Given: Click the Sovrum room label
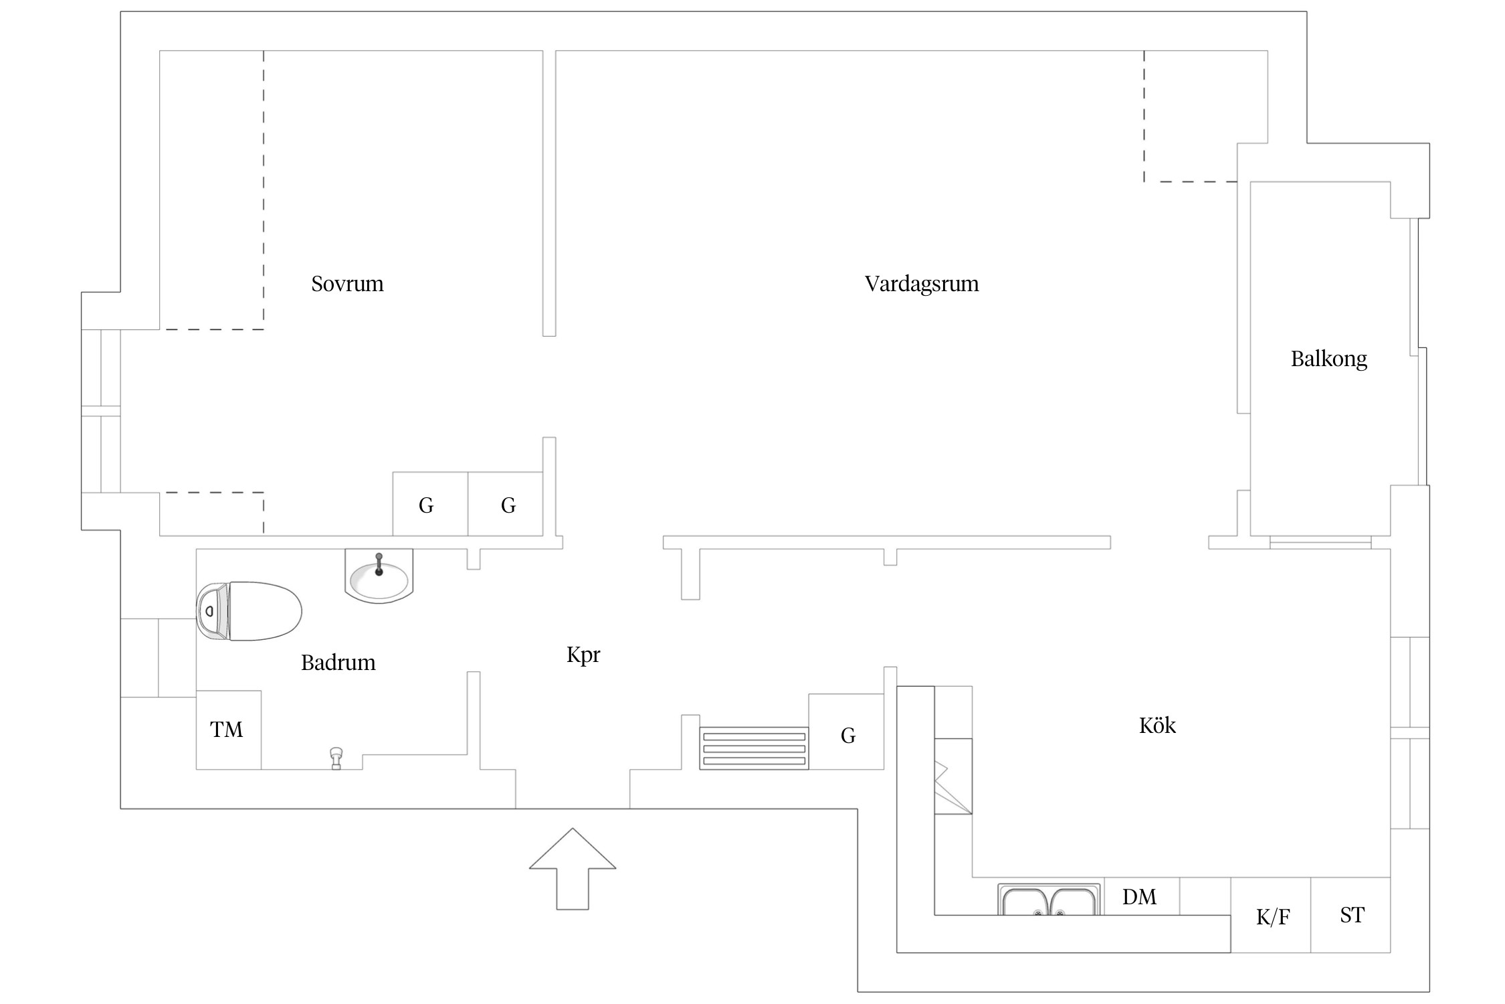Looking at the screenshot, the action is pos(347,284).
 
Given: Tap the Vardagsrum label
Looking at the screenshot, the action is pos(922,284).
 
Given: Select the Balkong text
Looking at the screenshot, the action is pos(1328,359).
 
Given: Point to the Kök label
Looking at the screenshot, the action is pos(1157,725).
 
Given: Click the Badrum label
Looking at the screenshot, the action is pos(338,663).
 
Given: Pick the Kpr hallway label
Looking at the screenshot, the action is pos(583,655).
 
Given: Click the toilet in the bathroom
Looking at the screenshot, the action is pos(249,611).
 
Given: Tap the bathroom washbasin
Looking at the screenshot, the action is pos(379,576).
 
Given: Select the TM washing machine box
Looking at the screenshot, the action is pos(228,730).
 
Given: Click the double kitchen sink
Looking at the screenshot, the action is pos(1049,900).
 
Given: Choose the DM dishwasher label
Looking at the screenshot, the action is pos(1139,897).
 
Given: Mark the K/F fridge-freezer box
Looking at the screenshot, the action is pos(1271,915).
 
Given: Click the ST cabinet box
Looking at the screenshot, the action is pos(1350,915).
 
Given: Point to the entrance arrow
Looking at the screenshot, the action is pos(573,869).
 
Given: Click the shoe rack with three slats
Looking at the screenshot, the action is pos(754,748).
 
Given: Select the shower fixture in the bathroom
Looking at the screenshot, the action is pos(336,758).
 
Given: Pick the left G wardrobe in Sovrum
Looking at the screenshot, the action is pos(430,504).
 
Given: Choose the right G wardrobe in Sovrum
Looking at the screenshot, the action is pos(506,504).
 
